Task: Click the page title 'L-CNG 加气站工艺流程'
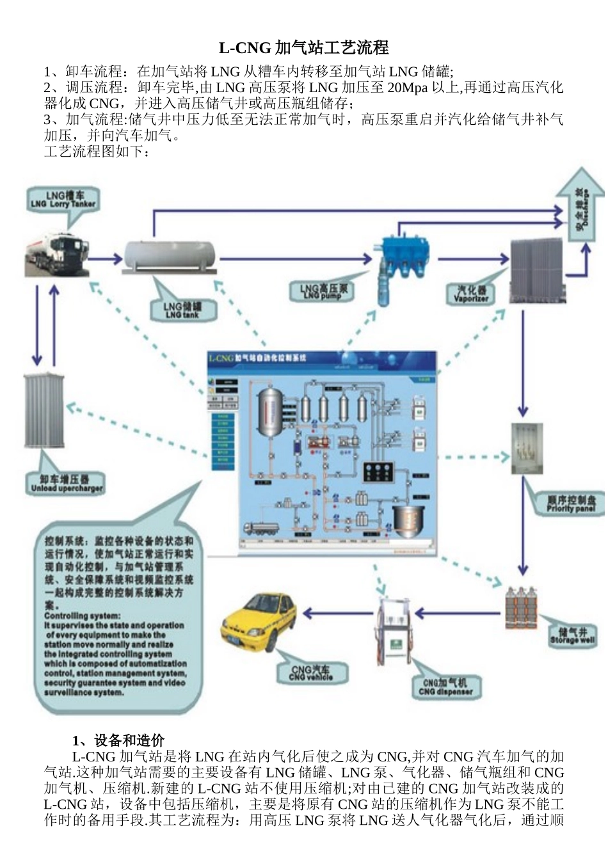point(303,48)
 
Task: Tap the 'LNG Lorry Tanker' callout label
point(63,200)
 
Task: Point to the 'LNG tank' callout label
point(182,310)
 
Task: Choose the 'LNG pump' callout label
point(324,292)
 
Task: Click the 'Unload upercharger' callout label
point(67,484)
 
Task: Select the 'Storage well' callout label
point(572,635)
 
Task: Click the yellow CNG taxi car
point(261,623)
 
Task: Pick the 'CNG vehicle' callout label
point(311,673)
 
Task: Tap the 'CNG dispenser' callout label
point(445,687)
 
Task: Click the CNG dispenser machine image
point(394,631)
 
